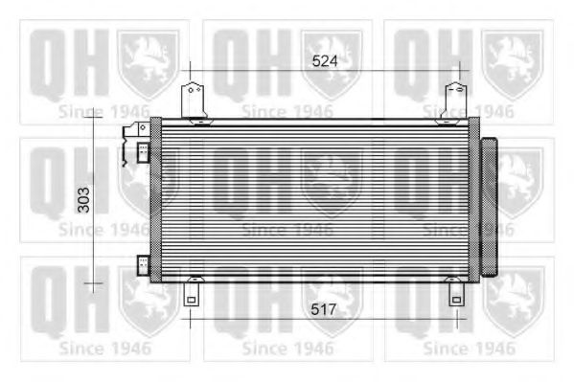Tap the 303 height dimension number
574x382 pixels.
(83, 199)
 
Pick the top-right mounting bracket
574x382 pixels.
(456, 100)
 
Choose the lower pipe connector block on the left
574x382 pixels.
(142, 264)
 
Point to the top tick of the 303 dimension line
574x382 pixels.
(92, 114)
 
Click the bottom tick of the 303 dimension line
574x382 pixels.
(92, 283)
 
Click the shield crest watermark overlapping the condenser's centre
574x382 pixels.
(331, 182)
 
